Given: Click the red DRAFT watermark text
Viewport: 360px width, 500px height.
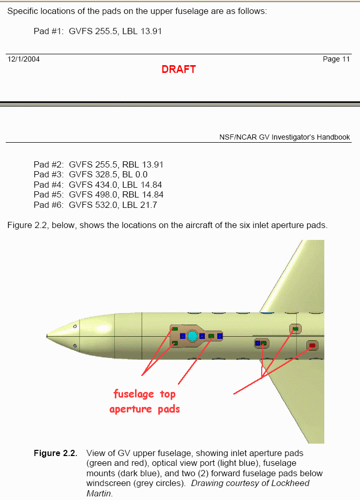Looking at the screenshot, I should click(178, 69).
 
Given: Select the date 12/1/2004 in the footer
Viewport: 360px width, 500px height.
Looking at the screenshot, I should click(23, 59).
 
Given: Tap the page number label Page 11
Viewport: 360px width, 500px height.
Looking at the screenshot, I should click(336, 59).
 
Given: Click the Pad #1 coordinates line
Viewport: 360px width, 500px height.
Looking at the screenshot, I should click(98, 31).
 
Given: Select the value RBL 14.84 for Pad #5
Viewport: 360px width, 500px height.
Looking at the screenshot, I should click(142, 195).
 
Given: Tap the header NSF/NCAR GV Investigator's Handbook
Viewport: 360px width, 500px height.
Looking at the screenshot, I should click(284, 137).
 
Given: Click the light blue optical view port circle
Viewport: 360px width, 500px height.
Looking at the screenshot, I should click(192, 336).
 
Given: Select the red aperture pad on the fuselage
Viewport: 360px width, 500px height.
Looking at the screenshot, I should click(312, 345).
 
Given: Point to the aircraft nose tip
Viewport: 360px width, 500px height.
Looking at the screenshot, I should click(48, 336).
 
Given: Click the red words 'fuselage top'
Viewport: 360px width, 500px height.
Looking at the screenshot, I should click(144, 394).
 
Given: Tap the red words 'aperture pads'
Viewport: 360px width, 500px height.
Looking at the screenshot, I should click(144, 409).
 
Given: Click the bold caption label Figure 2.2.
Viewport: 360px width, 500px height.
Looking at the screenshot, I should click(55, 453).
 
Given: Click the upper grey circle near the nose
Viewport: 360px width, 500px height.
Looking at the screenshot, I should click(75, 326).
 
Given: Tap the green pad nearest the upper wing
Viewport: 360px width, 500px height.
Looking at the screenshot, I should click(295, 328).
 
